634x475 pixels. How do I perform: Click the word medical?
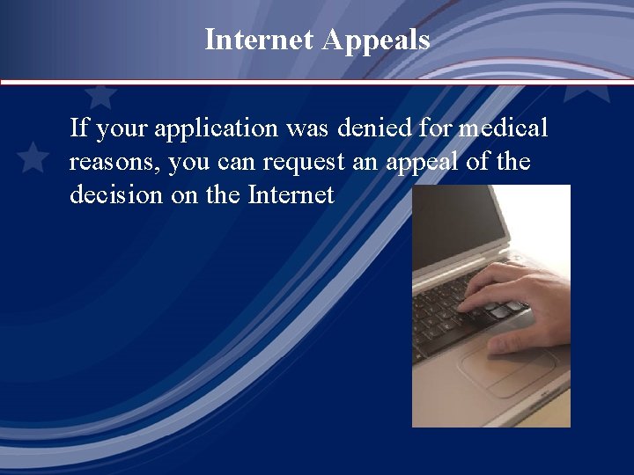click(x=504, y=128)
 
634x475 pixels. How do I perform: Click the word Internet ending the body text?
click(x=291, y=194)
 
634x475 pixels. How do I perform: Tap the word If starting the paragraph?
click(x=78, y=128)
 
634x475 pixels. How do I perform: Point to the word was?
click(x=306, y=129)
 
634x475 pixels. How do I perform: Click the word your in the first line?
click(x=123, y=130)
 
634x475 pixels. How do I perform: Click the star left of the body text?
click(x=33, y=157)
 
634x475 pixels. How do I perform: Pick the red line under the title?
click(x=317, y=82)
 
